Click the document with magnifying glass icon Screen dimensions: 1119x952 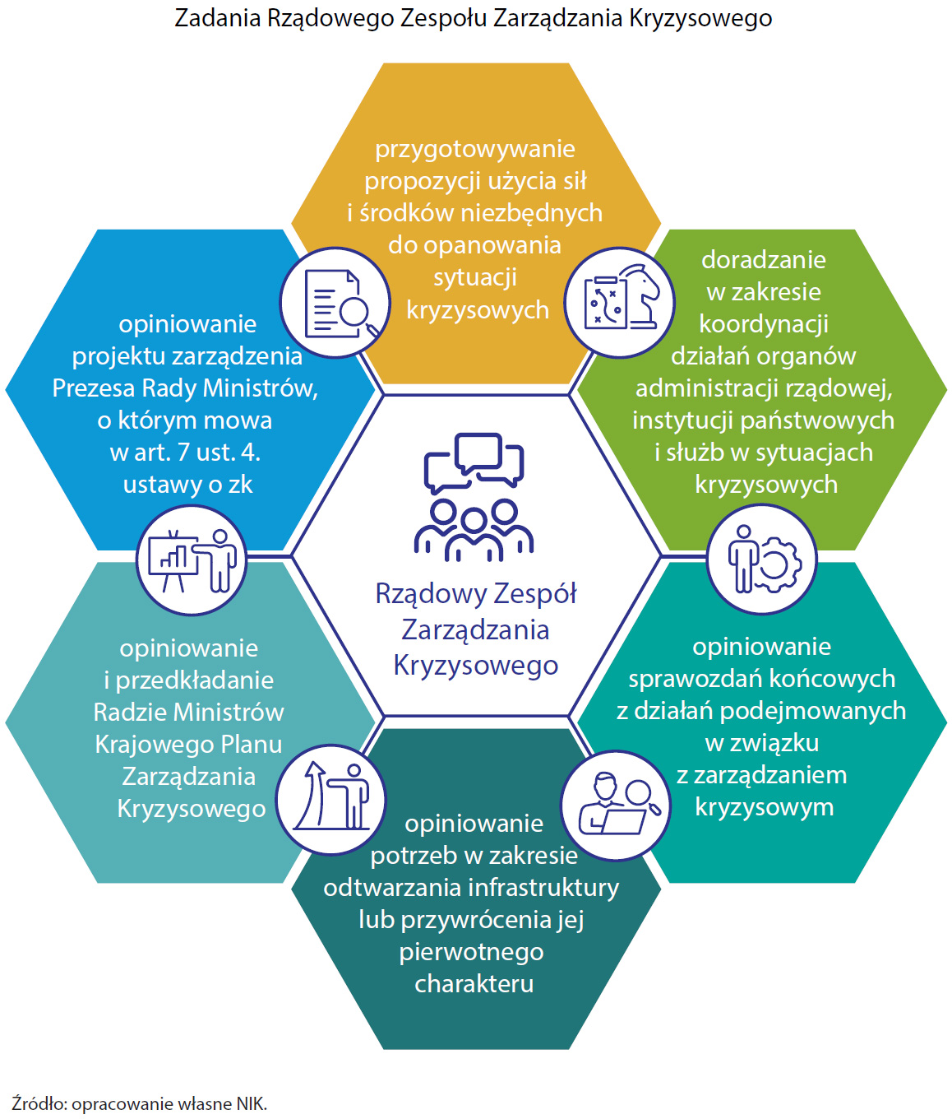point(335,303)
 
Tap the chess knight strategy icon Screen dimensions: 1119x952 point(620,303)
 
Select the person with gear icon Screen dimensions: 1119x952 point(762,559)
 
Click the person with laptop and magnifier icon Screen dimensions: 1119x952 point(616,806)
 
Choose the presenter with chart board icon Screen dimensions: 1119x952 point(192,560)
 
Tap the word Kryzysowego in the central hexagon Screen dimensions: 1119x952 point(476,665)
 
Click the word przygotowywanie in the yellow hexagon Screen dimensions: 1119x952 point(475,149)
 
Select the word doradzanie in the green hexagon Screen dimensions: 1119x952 point(764,260)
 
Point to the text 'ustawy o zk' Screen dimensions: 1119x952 point(187,485)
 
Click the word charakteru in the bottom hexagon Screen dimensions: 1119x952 point(474,984)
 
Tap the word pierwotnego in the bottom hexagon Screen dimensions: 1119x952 point(472,952)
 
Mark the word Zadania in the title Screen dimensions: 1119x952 point(218,18)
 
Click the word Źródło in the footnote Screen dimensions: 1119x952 point(39,1104)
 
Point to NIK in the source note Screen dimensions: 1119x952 point(251,1104)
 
